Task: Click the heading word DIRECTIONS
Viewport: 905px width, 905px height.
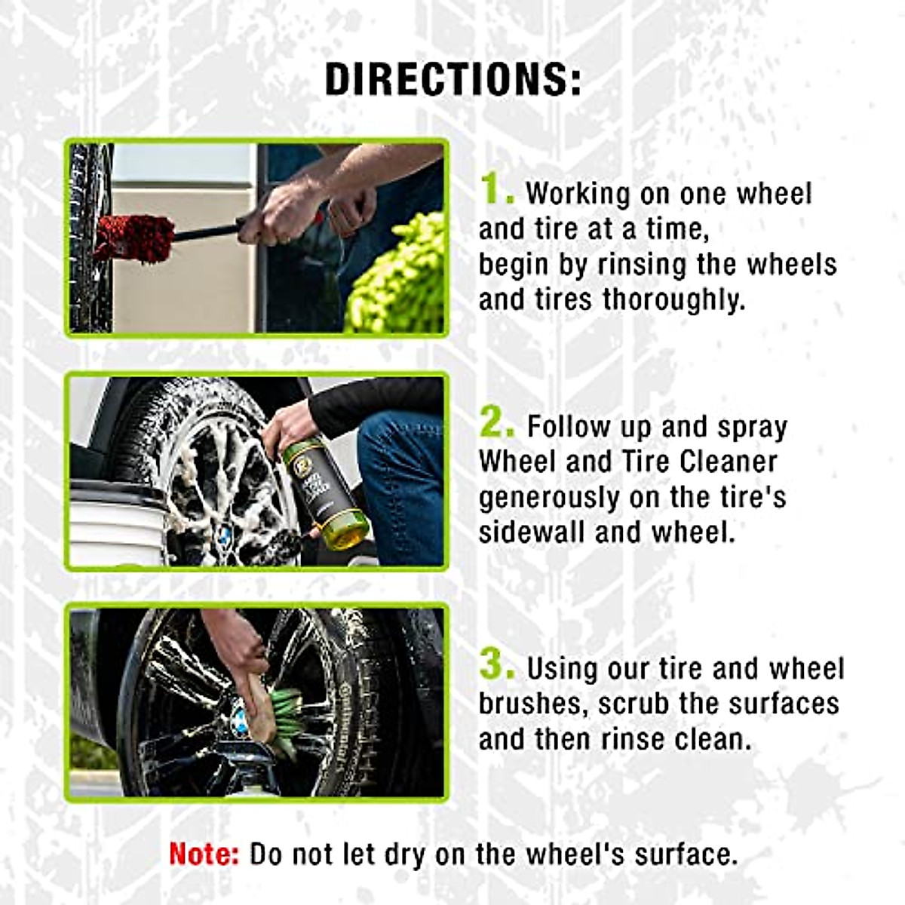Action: click(452, 78)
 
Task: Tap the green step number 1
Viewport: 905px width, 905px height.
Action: click(495, 189)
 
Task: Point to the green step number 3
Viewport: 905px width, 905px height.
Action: click(496, 665)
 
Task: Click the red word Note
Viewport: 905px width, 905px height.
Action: click(204, 854)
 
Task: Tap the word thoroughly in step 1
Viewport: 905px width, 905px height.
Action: click(674, 300)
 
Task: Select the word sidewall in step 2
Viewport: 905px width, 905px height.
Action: click(532, 532)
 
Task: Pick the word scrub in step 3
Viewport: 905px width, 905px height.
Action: click(633, 703)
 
